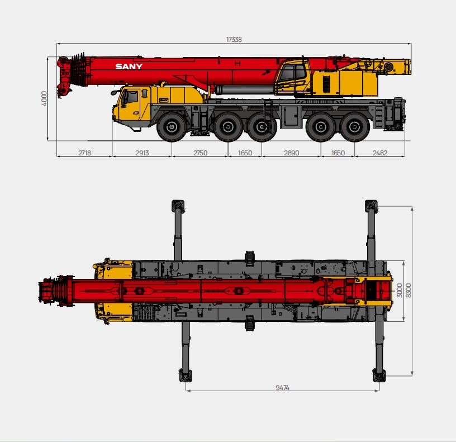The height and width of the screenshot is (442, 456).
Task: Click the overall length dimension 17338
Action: (x=234, y=40)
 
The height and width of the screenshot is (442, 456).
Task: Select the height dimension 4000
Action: (x=44, y=98)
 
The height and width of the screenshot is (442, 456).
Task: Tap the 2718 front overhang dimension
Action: (x=84, y=153)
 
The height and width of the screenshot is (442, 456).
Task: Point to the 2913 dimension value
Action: (x=142, y=153)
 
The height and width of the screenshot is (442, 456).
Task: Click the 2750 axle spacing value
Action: (x=200, y=153)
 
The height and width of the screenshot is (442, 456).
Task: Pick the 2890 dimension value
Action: (x=292, y=153)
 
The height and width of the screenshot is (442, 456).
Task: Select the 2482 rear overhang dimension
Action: (x=379, y=153)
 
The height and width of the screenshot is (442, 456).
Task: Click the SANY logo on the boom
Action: (x=129, y=66)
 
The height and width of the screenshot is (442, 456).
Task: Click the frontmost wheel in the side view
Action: (x=171, y=127)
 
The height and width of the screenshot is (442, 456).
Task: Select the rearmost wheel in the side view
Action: (x=353, y=127)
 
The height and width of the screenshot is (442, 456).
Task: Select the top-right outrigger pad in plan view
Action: (x=372, y=205)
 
